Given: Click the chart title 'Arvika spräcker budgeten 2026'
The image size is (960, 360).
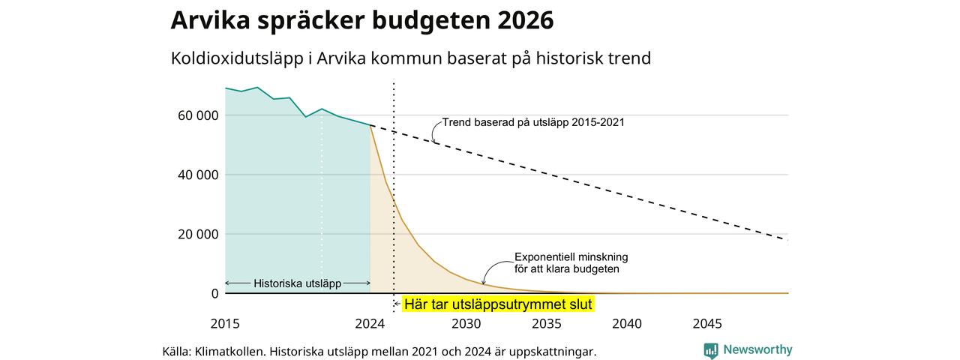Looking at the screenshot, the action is [362, 20].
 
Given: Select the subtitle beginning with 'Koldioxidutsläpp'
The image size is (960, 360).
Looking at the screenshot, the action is [410, 58].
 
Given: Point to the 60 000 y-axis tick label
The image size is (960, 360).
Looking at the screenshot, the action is [198, 115].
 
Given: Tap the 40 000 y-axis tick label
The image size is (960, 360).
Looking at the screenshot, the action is [198, 175].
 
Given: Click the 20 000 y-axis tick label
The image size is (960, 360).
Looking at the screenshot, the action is [198, 235].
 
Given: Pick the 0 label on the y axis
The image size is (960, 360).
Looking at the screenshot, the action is [214, 293].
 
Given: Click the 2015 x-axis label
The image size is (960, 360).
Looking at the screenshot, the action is [225, 323].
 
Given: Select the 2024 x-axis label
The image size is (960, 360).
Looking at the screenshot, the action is [370, 323].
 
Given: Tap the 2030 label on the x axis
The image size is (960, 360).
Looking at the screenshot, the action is [466, 323].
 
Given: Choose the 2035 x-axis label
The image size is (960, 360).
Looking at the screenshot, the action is [547, 323].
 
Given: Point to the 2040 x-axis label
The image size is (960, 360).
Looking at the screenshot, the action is [627, 323].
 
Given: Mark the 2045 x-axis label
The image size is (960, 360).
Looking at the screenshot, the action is [707, 323].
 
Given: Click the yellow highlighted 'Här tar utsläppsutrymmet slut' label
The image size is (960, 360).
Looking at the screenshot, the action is [498, 304].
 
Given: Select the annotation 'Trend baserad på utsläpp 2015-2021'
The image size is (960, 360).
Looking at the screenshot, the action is [533, 122].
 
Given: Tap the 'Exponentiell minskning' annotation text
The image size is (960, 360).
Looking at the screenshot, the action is [571, 257].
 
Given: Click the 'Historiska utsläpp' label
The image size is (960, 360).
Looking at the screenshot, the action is [298, 283].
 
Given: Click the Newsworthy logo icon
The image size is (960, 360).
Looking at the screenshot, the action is [710, 350].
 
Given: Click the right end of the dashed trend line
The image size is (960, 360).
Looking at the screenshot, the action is [787, 239].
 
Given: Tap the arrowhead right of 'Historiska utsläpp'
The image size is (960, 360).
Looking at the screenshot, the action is [367, 283].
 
